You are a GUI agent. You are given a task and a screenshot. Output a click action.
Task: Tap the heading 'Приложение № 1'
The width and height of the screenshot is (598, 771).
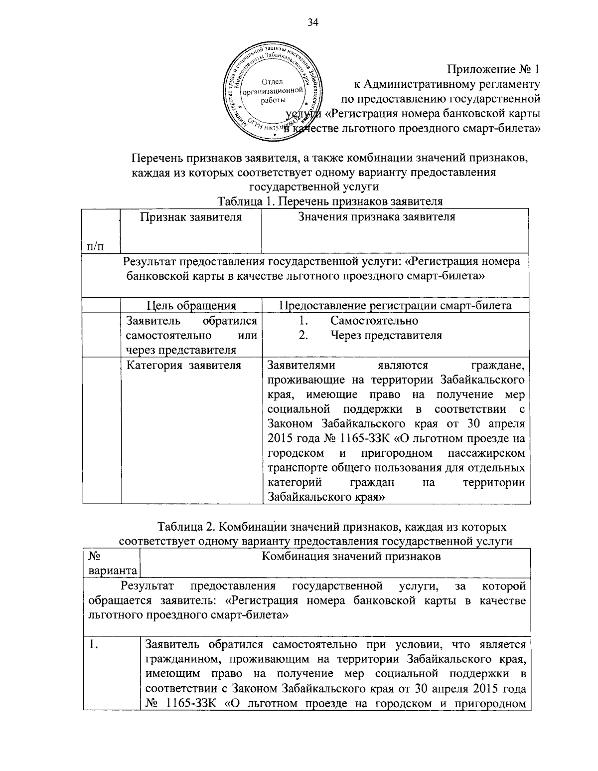494,68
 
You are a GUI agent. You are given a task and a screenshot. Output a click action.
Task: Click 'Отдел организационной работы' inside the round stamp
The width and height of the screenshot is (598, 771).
273,91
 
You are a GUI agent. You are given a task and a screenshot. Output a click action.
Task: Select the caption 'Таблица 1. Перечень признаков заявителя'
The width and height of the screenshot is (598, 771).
330,201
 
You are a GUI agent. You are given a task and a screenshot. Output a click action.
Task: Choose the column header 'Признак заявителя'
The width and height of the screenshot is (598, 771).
191,217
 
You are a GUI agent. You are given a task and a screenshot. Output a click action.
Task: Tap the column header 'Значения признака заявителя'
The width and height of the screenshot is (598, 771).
376,217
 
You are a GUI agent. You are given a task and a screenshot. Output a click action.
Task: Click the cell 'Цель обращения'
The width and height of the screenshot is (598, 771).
191,306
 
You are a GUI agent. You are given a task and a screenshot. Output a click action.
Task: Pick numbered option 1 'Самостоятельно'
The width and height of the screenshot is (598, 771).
374,321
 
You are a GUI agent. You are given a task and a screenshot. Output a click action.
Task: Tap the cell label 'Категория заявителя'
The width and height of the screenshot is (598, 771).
183,366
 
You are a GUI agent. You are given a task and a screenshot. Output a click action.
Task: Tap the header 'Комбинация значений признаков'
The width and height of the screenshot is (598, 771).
351,557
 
